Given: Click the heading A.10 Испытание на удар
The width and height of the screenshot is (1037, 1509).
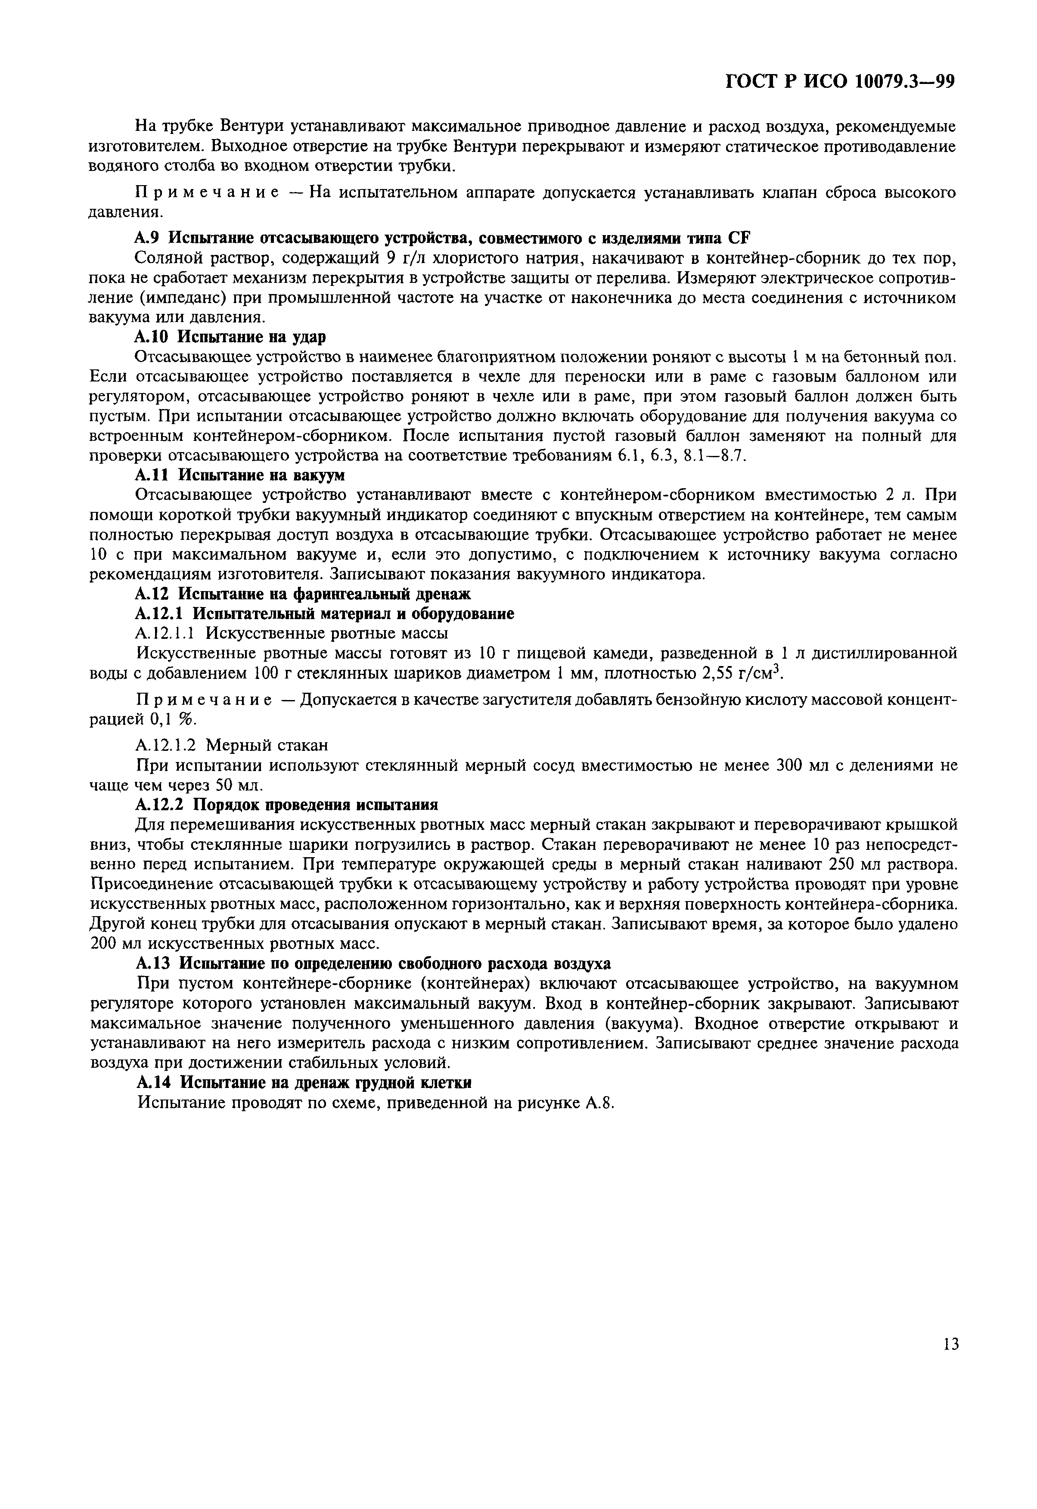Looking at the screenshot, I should pos(230,337).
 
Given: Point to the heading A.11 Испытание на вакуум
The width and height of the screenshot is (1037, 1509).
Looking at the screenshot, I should pos(239,475).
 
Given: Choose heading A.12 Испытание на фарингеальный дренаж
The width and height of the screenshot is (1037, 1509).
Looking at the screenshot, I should pos(303,593).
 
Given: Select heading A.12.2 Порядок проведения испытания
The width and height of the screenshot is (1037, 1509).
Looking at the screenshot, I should pos(286,804).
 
